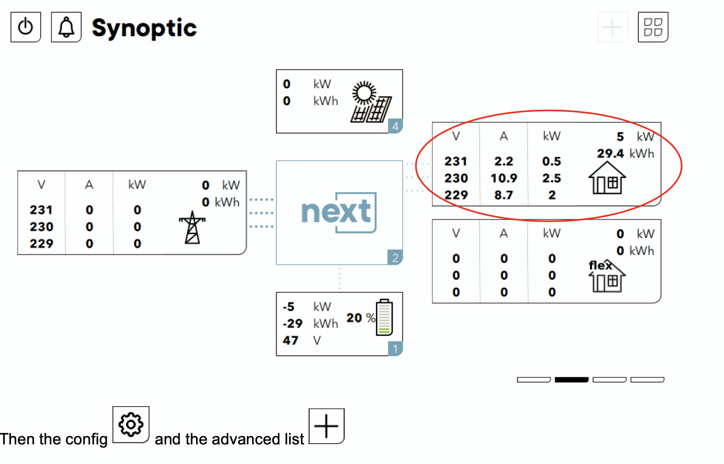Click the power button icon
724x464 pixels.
[26, 27]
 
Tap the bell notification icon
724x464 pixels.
[66, 27]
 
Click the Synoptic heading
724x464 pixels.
[144, 28]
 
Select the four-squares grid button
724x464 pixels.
[653, 27]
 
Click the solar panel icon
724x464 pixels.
[371, 102]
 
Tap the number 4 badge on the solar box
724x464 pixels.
[395, 126]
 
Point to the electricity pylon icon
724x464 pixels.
[192, 227]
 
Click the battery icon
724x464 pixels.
[384, 317]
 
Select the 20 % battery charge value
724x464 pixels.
[360, 318]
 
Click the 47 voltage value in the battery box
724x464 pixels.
[290, 340]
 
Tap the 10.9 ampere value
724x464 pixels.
[503, 178]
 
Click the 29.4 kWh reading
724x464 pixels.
[611, 154]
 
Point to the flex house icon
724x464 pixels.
[607, 276]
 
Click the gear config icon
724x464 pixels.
[131, 425]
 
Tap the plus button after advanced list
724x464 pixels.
[326, 426]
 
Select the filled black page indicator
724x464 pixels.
[571, 380]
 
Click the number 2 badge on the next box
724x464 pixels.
[395, 258]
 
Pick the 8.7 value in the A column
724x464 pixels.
[503, 195]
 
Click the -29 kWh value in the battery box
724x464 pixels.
[293, 324]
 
